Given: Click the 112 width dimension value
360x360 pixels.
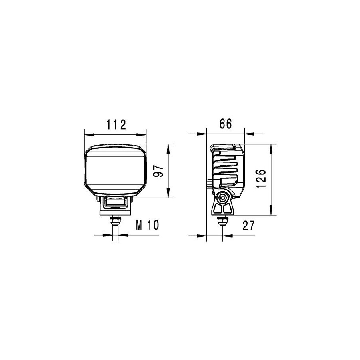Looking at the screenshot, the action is point(116,125).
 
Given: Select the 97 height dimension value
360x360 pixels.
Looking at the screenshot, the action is point(158,171).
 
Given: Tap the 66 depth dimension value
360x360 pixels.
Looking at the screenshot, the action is point(226,124).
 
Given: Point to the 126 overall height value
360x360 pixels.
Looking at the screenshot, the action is point(261,179).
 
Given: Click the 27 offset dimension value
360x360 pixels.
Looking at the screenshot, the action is point(249,226).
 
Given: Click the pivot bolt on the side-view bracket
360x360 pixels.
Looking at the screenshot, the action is point(222,198).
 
